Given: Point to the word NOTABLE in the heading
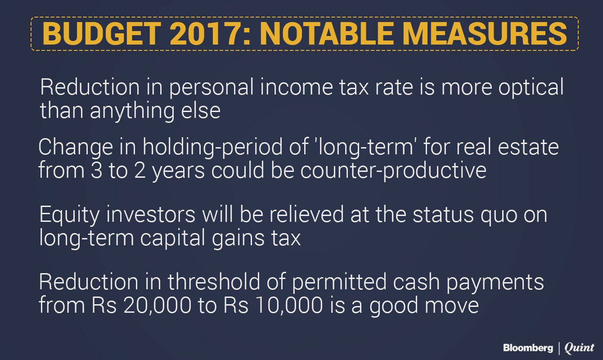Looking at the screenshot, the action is click(x=327, y=34).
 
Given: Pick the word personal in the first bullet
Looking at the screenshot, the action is click(x=211, y=88).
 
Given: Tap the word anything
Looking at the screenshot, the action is click(x=132, y=111).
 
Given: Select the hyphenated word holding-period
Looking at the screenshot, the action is click(x=213, y=147).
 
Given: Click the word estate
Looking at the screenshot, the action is click(x=528, y=147).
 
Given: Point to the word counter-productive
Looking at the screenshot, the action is click(x=393, y=171).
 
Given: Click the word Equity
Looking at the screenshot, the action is click(x=70, y=215).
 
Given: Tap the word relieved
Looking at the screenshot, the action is click(x=306, y=215).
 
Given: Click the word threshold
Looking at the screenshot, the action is click(x=214, y=282).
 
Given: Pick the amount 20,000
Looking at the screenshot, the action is click(x=157, y=306).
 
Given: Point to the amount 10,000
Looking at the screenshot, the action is click(x=289, y=306).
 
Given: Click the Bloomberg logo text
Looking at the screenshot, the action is click(x=528, y=348).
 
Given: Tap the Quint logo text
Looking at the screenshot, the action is click(x=579, y=348).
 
